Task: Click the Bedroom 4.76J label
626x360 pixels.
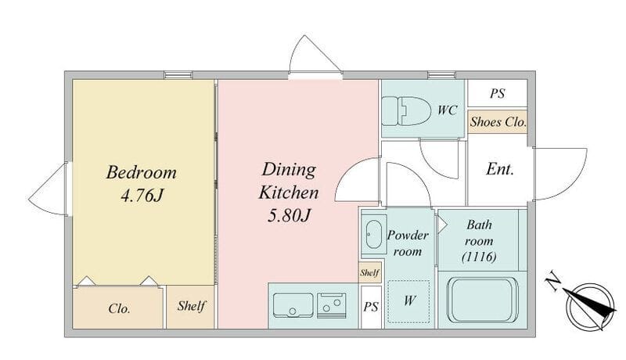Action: coord(142,184)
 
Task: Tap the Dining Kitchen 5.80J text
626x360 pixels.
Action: coord(289,192)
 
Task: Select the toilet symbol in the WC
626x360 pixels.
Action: coord(406,110)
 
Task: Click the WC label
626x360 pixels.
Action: coord(447,110)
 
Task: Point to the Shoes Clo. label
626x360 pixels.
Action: coord(498,122)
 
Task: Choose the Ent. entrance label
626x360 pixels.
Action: coord(500,169)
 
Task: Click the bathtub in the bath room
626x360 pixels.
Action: coord(482,300)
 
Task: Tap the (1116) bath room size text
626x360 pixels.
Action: coord(479,257)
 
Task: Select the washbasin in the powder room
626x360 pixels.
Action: coord(374,234)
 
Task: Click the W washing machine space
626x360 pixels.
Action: coord(408,301)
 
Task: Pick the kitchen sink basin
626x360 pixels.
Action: coord(293,305)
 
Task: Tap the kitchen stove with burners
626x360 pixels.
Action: coord(331,305)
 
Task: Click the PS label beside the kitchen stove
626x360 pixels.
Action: coord(371,307)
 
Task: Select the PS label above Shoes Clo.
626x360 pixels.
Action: coord(498,93)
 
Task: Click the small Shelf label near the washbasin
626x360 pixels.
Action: coord(369,273)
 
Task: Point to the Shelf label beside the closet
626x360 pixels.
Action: coord(191,306)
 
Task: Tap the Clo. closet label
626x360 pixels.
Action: coord(119,308)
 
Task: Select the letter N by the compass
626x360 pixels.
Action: coord(553,280)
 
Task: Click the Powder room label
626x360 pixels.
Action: coord(408,243)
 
